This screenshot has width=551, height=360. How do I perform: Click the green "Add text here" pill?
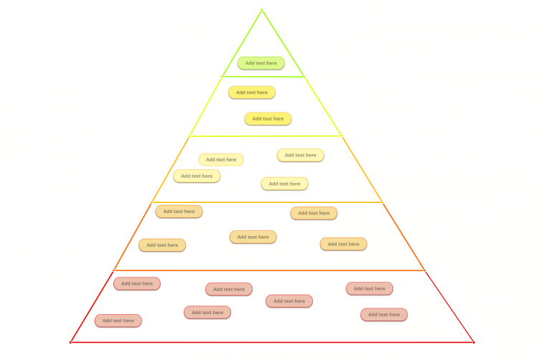click(261, 63)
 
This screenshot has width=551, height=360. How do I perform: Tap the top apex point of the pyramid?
click(262, 10)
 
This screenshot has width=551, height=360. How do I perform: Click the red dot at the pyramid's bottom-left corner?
click(70, 342)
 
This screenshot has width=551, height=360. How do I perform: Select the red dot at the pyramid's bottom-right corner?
click(474, 342)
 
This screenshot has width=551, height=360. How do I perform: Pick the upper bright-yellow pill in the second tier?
click(252, 93)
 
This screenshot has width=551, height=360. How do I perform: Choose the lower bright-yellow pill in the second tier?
click(268, 119)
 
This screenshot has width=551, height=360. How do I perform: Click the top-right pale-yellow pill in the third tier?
click(301, 155)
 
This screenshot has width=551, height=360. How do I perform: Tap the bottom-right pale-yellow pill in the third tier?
click(284, 184)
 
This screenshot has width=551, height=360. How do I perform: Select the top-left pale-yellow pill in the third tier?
click(221, 159)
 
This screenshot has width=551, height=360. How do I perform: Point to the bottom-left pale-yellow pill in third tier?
click(197, 176)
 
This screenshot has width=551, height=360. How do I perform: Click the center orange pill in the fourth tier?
click(253, 237)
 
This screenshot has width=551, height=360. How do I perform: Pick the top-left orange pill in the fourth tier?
click(179, 212)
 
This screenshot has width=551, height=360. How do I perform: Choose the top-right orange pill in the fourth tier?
click(314, 213)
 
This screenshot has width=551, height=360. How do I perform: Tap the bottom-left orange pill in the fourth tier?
click(162, 245)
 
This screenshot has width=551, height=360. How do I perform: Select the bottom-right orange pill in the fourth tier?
click(343, 244)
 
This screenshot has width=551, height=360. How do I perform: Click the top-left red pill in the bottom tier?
click(136, 284)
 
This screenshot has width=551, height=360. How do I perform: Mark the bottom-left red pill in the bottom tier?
click(118, 321)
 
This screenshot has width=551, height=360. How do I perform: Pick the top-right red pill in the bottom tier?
click(369, 288)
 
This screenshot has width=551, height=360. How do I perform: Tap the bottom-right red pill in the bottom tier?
click(384, 314)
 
